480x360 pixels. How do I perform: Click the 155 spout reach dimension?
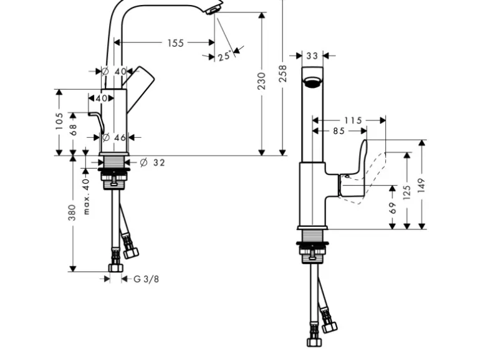pyautogui.click(x=175, y=43)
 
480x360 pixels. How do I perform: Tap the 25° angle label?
pyautogui.click(x=224, y=57)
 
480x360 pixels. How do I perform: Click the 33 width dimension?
pyautogui.click(x=312, y=56)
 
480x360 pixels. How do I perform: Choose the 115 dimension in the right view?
pyautogui.click(x=352, y=120)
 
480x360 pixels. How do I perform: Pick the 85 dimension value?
pyautogui.click(x=338, y=131)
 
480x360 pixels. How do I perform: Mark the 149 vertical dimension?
pyautogui.click(x=422, y=184)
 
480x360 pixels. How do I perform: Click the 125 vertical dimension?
pyautogui.click(x=407, y=191)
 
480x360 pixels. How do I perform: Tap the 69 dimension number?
pyautogui.click(x=392, y=207)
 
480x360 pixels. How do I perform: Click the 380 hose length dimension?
pyautogui.click(x=72, y=212)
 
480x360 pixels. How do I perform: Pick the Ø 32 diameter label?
pyautogui.click(x=153, y=163)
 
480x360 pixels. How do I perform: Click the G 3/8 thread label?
pyautogui.click(x=146, y=279)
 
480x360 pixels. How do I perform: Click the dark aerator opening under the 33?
pyautogui.click(x=312, y=80)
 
